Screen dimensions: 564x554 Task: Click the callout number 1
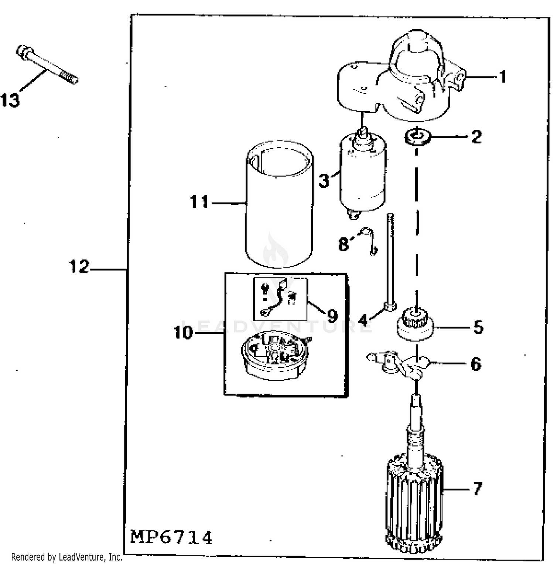click(502, 77)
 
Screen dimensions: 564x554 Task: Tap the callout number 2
click(476, 137)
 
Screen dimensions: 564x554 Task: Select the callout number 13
click(10, 100)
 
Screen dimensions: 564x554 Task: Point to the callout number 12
click(79, 267)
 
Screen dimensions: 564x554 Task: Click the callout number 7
click(478, 489)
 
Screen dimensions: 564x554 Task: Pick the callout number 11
click(199, 202)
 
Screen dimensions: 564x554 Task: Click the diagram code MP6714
click(171, 537)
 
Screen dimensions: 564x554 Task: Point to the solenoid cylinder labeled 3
click(363, 174)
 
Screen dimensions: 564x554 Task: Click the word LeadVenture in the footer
click(78, 557)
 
